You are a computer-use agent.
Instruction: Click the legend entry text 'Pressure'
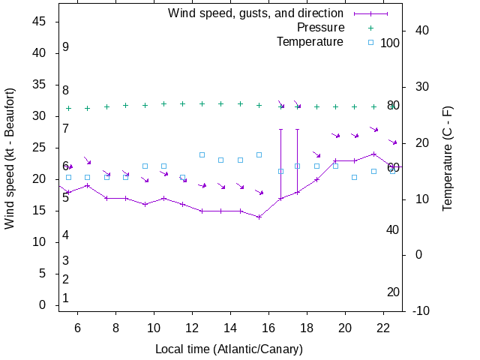[x=320, y=28]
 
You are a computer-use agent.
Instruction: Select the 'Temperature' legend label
[x=310, y=42]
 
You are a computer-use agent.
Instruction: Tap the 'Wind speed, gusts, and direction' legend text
[x=256, y=13]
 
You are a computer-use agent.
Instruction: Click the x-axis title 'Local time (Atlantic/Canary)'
[x=229, y=349]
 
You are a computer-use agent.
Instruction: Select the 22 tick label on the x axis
[x=383, y=328]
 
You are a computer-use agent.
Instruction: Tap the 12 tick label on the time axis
[x=192, y=328]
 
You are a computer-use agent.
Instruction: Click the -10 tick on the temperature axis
[x=421, y=311]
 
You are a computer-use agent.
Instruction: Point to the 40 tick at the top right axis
[x=421, y=31]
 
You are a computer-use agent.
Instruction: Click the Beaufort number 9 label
[x=66, y=47]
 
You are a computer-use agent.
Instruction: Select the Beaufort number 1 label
[x=66, y=298]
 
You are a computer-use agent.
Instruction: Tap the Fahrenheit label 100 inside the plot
[x=390, y=43]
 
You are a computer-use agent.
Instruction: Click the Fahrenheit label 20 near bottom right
[x=393, y=292]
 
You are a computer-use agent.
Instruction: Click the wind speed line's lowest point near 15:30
[x=259, y=217]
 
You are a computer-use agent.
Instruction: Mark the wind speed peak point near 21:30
[x=373, y=154]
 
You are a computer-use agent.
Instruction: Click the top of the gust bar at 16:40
[x=281, y=129]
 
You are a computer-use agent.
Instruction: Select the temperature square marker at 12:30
[x=202, y=154]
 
